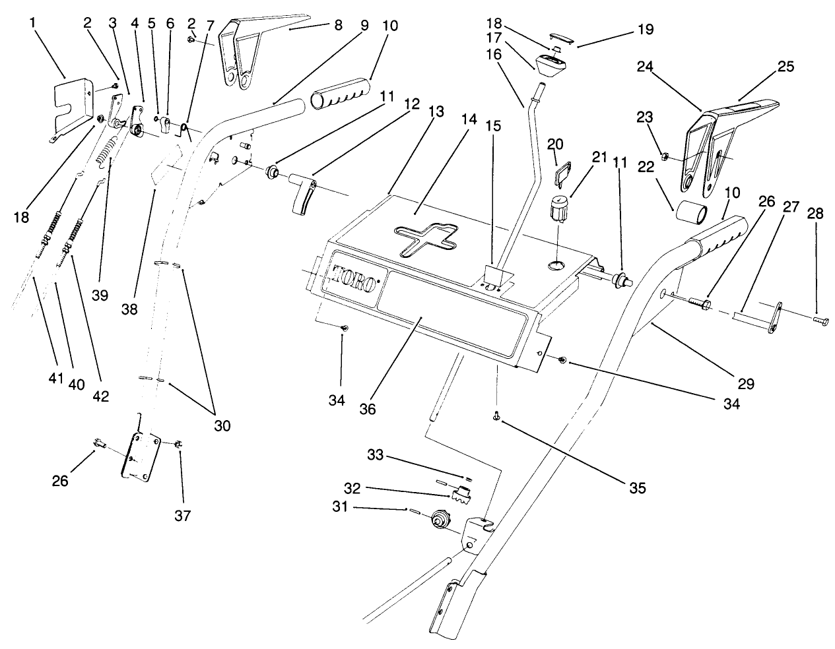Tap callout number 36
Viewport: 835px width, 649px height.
click(368, 408)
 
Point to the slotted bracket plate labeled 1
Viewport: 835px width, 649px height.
click(69, 106)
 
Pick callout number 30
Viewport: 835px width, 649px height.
click(222, 425)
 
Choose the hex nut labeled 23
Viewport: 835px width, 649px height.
click(666, 157)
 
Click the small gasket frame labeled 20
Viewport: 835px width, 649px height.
click(561, 173)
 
